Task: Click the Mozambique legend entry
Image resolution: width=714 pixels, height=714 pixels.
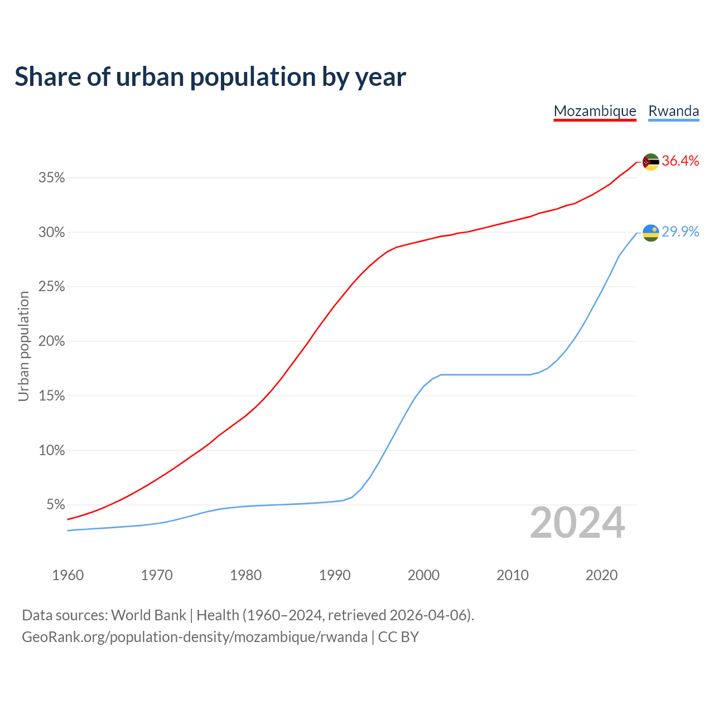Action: pyautogui.click(x=595, y=111)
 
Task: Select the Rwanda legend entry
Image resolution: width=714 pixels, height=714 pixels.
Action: pyautogui.click(x=673, y=111)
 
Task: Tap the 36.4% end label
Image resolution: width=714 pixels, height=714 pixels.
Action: pyautogui.click(x=680, y=161)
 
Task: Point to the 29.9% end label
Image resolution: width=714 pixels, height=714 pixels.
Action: pyautogui.click(x=680, y=232)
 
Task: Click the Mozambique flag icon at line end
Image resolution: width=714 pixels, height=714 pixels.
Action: pyautogui.click(x=650, y=162)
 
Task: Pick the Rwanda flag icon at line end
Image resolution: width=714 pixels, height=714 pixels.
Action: pyautogui.click(x=650, y=233)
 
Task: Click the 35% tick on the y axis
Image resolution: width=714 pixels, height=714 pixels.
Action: pyautogui.click(x=51, y=178)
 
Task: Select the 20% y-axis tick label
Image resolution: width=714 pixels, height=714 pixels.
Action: pyautogui.click(x=51, y=341)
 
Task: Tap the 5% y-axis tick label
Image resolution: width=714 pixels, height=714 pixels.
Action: pyautogui.click(x=55, y=505)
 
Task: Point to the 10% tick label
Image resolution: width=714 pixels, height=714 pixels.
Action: pyautogui.click(x=51, y=450)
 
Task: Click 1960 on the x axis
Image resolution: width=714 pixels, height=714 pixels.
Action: pyautogui.click(x=67, y=575)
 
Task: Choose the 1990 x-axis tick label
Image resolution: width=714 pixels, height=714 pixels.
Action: pyautogui.click(x=335, y=575)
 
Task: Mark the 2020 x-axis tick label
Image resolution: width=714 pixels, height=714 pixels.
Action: pyautogui.click(x=601, y=575)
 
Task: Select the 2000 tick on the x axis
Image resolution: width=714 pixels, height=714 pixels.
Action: pyautogui.click(x=423, y=575)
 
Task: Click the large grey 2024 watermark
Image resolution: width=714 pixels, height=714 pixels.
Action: pyautogui.click(x=577, y=523)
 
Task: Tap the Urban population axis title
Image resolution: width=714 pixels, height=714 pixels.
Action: pyautogui.click(x=23, y=346)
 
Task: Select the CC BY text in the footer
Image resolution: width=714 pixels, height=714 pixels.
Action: pyautogui.click(x=398, y=637)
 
